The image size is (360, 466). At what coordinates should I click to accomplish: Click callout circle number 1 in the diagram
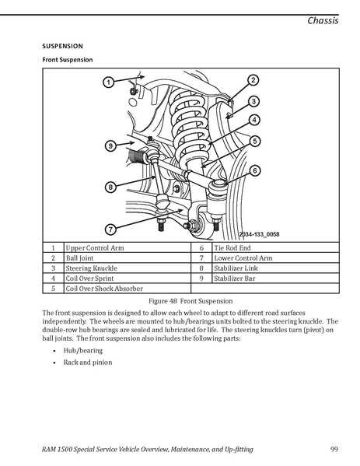coord(108,82)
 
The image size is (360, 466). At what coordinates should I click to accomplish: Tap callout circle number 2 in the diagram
coord(253,80)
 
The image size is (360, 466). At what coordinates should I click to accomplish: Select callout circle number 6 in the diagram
coord(255,171)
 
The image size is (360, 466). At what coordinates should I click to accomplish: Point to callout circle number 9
coord(110,146)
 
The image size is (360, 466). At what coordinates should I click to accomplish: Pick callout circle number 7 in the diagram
coord(110,229)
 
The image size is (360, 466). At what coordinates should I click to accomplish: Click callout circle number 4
coord(254,120)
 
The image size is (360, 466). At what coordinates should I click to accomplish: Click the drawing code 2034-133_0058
coord(259,234)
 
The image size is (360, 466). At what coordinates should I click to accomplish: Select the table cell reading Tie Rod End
coord(276,247)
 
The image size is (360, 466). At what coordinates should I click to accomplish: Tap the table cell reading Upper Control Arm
coord(128,247)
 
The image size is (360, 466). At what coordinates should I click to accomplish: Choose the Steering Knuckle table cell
coord(128,268)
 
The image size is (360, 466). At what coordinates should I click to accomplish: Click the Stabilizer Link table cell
coord(276,268)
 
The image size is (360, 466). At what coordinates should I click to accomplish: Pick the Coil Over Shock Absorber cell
coord(128,289)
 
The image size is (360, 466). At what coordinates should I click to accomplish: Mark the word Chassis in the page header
coord(323,20)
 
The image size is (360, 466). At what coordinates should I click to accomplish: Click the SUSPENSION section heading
coord(62,46)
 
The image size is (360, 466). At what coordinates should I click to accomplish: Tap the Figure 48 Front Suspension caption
coord(190,301)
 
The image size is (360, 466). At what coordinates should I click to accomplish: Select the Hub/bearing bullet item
coord(83,351)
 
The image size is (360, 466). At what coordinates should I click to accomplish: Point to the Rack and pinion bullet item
coord(88,363)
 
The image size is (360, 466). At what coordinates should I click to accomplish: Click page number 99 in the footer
coord(334,449)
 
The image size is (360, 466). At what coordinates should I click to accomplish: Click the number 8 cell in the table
coord(201,268)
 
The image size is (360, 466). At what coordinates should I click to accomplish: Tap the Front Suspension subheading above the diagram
coord(68,60)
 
